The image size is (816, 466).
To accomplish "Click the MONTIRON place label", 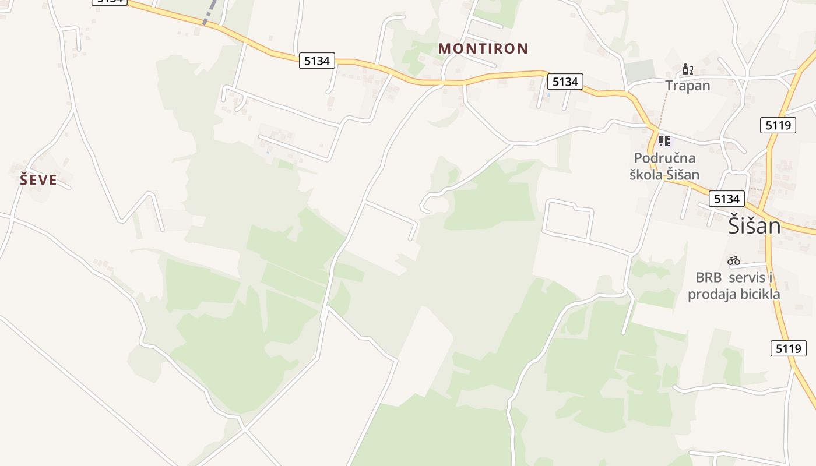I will tap(483, 48).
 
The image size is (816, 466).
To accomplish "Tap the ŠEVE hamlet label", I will tap(38, 180).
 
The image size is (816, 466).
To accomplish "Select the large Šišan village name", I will tap(754, 225).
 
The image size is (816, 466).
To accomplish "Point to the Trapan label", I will tap(688, 86).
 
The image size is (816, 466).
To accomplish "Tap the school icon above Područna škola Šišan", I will tap(664, 140).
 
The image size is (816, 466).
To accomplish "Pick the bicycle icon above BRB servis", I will tap(733, 260).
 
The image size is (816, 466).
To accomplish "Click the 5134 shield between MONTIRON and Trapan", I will tap(565, 82).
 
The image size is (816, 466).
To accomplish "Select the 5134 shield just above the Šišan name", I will tap(726, 199).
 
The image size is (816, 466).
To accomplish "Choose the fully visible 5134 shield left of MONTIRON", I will tap(316, 61).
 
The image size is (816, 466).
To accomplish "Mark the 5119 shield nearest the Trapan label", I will tap(778, 125).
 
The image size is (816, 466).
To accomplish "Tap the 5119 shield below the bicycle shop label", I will tap(788, 348).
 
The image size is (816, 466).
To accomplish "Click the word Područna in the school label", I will tap(664, 158).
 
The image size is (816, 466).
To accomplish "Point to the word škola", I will tap(648, 174).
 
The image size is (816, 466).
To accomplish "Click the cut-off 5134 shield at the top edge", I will tap(110, 2).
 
